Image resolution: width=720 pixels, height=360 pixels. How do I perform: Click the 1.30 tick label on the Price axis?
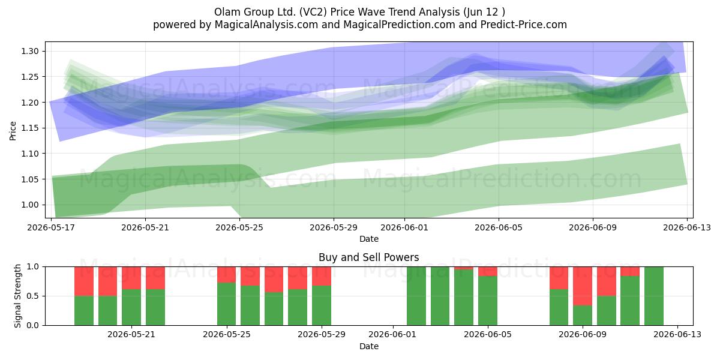click(30, 51)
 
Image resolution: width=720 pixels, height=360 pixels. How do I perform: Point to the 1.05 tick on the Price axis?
click(30, 179)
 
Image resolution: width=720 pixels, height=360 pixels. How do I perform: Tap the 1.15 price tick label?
click(30, 128)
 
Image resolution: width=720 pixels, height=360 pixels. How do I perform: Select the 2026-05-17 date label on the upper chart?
click(51, 227)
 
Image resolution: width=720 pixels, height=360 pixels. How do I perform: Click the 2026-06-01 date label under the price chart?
click(404, 227)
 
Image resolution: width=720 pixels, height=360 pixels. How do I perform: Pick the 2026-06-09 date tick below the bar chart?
click(583, 334)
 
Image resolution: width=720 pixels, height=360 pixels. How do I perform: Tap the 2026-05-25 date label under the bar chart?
click(227, 334)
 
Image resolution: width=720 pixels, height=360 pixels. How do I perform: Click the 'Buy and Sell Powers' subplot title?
click(368, 257)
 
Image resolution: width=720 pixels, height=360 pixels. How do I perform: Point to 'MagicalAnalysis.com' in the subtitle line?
click(266, 25)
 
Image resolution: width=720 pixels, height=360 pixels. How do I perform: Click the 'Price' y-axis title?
click(13, 131)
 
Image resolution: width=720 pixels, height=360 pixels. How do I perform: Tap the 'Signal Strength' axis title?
click(17, 296)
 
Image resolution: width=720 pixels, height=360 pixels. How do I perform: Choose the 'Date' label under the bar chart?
click(368, 346)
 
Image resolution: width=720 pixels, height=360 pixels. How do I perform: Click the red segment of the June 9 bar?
click(583, 286)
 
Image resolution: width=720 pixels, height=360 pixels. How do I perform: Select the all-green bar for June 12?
click(654, 296)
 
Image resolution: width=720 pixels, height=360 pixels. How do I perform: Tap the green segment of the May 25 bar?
click(227, 304)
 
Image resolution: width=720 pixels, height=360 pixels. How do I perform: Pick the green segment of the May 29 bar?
click(322, 305)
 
